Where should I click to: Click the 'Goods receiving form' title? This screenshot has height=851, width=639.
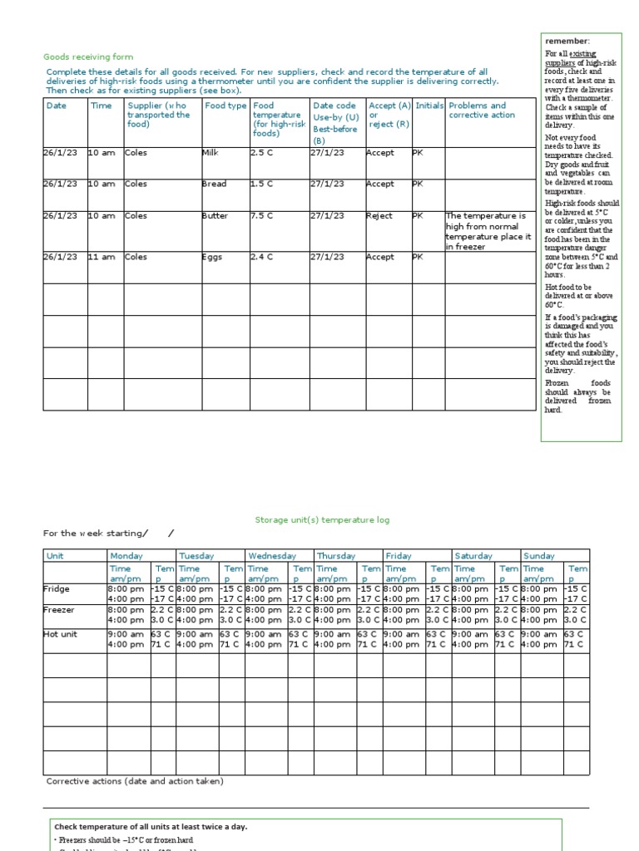pos(87,57)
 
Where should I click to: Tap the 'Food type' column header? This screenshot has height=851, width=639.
pos(225,106)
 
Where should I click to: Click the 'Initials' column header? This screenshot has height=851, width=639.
pos(429,106)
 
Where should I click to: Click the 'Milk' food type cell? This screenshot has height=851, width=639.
pos(210,153)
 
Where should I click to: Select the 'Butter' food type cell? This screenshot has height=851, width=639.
pos(215,216)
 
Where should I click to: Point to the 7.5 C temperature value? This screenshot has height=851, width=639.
pos(264,216)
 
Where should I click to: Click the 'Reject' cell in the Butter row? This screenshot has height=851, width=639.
pos(379,216)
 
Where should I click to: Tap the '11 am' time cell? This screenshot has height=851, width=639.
pos(102,258)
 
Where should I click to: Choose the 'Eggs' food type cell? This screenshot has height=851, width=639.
pos(213,258)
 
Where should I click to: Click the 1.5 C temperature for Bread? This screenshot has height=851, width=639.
pos(264,184)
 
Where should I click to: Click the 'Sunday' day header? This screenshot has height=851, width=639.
pos(538,556)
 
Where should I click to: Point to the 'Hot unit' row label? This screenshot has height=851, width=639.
pos(61,633)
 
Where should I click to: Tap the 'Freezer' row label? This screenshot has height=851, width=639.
pos(59,610)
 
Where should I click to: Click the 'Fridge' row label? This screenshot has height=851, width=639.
pos(57,588)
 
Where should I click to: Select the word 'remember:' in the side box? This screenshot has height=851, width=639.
pos(567,42)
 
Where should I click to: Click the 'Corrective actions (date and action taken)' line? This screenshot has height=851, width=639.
pos(135,781)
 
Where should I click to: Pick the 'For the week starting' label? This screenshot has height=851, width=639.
pos(94,534)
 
